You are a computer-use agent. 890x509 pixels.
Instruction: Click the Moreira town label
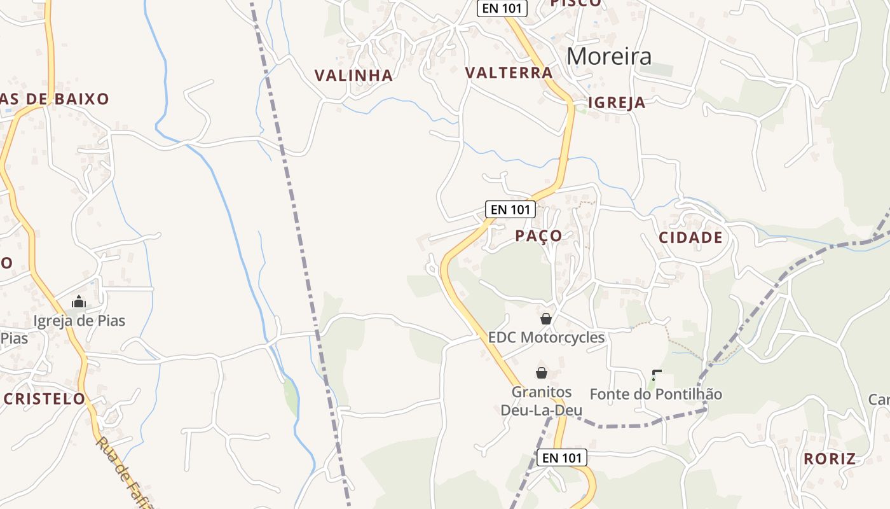609,57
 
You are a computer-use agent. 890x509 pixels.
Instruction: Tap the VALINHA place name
353,76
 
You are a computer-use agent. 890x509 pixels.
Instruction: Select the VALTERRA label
509,73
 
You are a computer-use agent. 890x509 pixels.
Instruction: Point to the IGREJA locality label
616,103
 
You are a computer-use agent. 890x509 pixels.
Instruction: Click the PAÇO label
538,236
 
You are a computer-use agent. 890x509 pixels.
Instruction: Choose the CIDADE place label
690,238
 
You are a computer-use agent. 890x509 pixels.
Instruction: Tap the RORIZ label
829,459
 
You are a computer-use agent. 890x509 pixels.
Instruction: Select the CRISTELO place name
44,399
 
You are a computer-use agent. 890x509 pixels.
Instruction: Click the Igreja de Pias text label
79,321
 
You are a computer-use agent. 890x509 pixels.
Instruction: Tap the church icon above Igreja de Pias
79,302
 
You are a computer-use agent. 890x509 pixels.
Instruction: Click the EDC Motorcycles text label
546,337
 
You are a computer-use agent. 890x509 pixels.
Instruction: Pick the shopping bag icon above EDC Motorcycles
545,319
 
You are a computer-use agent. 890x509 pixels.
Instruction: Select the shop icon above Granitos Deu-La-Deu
542,373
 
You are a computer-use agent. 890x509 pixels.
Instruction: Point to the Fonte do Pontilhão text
655,394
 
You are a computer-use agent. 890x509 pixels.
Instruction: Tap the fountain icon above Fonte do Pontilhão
657,375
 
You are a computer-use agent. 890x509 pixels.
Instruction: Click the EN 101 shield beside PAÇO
510,209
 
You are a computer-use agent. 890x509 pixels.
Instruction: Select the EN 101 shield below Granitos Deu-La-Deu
561,457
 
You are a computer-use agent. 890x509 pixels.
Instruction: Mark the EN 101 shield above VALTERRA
502,8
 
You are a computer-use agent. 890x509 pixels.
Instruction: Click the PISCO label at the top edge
575,3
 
